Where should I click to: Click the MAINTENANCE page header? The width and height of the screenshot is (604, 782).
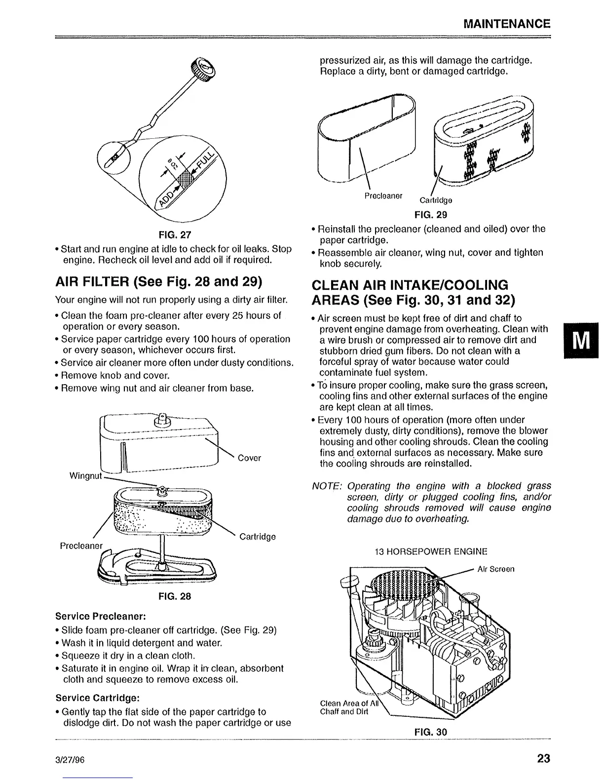pyautogui.click(x=506, y=24)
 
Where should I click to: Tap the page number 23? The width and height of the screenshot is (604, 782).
pyautogui.click(x=543, y=758)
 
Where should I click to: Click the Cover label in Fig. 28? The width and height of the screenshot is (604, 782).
pyautogui.click(x=249, y=458)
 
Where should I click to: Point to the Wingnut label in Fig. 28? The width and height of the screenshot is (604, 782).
pyautogui.click(x=85, y=476)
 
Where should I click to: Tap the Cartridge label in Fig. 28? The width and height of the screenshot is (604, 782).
pyautogui.click(x=257, y=537)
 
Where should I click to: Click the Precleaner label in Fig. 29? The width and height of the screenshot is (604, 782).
pyautogui.click(x=383, y=195)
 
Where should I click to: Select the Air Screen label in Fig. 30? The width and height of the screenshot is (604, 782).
pyautogui.click(x=496, y=569)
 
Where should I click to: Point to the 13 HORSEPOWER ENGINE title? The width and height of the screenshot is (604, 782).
pyautogui.click(x=431, y=551)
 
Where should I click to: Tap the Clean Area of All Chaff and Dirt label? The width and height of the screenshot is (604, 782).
pyautogui.click(x=344, y=706)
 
